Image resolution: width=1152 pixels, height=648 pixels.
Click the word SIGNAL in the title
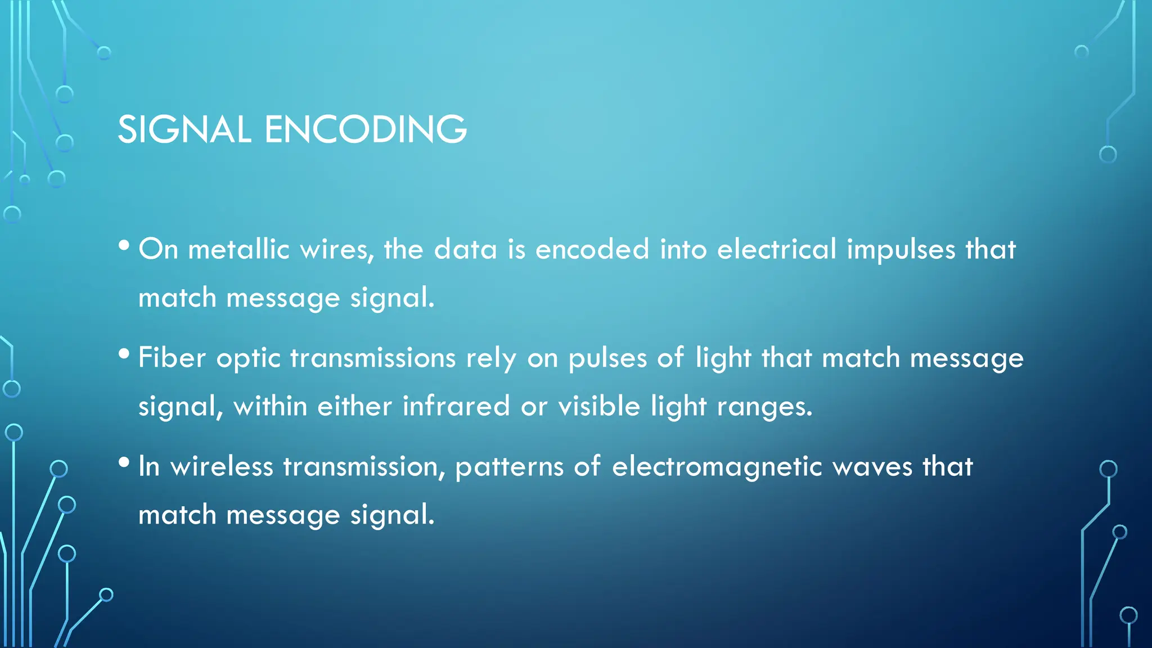coord(184,129)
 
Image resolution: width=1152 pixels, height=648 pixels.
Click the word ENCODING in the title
coord(365,129)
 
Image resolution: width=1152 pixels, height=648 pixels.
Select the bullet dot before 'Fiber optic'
coord(124,354)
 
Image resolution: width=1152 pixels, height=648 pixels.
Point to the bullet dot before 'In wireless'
coord(124,462)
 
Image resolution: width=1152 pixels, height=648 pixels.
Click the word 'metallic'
coord(238,249)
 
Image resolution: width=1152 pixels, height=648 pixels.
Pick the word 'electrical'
coord(777,249)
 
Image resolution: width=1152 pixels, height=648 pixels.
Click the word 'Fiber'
coord(172,358)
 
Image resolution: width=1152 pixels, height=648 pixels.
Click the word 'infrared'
coord(456,406)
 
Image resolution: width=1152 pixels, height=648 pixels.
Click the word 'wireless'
coord(222,466)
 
